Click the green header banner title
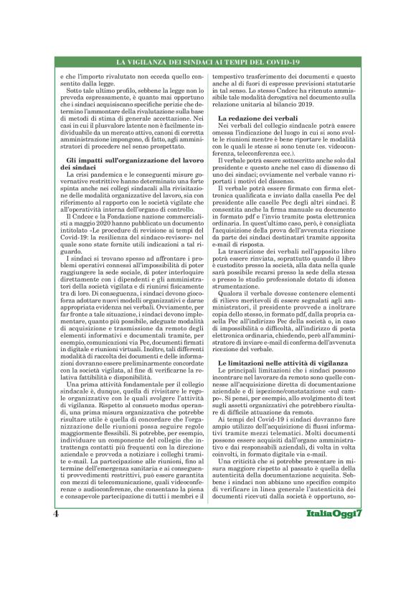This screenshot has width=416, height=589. coord(207,65)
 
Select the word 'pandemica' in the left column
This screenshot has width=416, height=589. coord(98,172)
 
